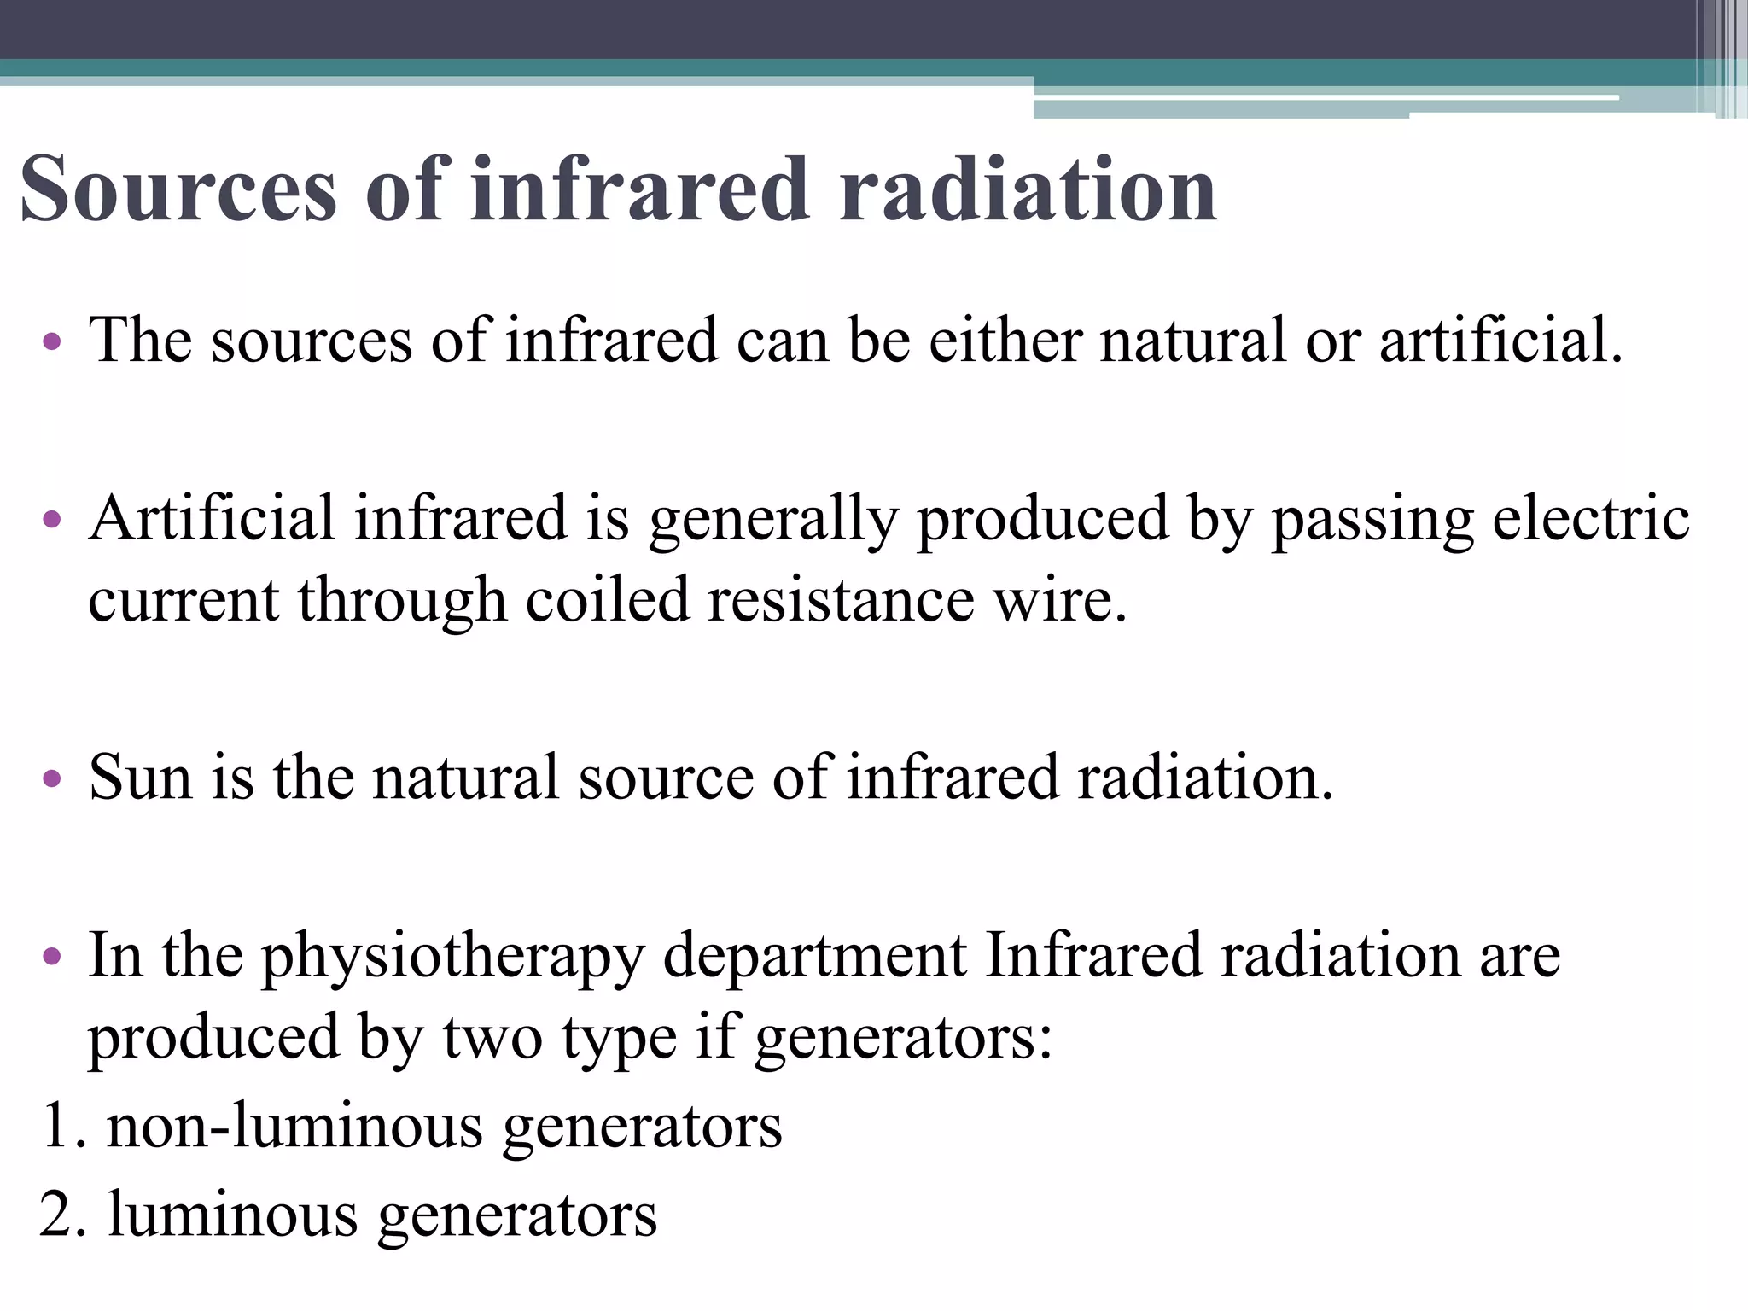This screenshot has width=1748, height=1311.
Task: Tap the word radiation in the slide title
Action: (x=1028, y=189)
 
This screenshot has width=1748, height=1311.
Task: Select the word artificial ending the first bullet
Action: (x=1500, y=341)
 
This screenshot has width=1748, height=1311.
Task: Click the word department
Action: (x=815, y=956)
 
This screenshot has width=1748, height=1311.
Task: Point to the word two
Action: (x=492, y=1037)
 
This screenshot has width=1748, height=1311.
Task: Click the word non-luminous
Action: (x=294, y=1126)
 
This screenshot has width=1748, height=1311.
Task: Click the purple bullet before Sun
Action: (x=52, y=778)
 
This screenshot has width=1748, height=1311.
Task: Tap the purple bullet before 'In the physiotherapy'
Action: (x=52, y=956)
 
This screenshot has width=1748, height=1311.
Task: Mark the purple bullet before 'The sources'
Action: (x=52, y=341)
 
